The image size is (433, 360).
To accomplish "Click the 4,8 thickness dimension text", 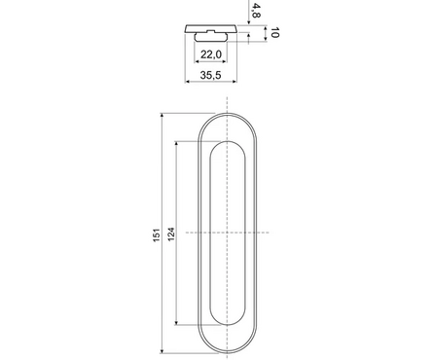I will click(256, 12).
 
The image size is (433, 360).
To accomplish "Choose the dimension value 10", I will click(275, 34).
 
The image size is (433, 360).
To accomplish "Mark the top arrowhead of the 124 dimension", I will click(176, 142).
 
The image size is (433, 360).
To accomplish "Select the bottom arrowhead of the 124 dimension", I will click(176, 325).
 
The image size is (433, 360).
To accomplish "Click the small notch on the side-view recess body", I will click(206, 35).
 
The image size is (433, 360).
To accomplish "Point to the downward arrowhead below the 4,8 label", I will click(255, 26).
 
